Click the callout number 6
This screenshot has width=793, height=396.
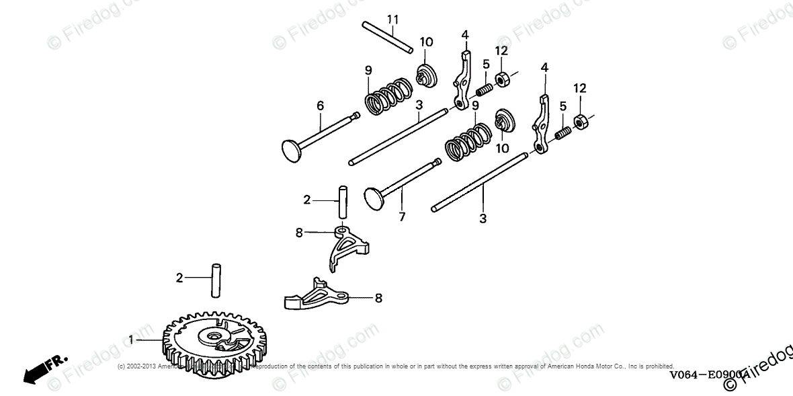coord(320,105)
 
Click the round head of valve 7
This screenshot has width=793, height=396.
coord(373,196)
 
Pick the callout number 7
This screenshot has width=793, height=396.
coord(401,217)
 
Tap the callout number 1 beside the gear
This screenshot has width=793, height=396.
coord(132,340)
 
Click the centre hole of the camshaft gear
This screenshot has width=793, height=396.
coord(215,335)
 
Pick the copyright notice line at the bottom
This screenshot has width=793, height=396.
coord(396,366)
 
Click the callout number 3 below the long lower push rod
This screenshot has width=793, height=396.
coord(483,219)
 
